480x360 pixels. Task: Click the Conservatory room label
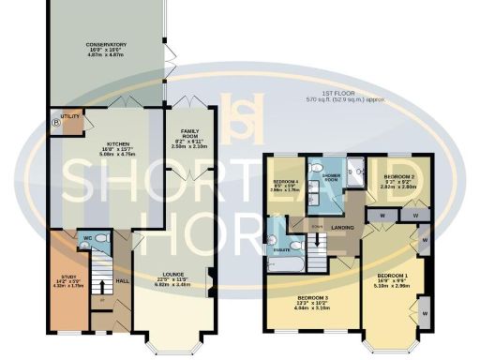tap(107, 43)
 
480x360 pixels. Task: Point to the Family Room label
tap(184, 137)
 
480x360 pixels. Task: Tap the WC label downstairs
tap(87, 238)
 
